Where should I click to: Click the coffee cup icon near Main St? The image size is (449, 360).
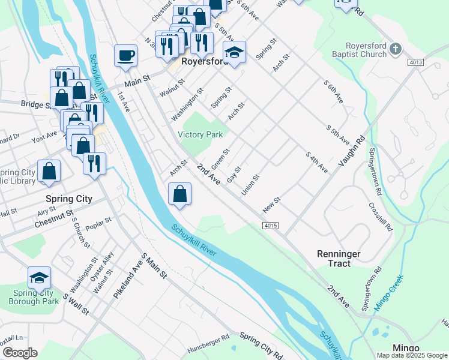(126, 56)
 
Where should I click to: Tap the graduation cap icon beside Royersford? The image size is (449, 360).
(235, 52)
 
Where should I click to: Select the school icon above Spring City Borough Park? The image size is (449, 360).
(39, 278)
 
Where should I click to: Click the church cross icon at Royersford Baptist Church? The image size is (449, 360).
(395, 49)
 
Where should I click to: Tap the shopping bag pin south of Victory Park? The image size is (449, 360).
(180, 194)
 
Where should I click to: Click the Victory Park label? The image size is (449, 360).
(200, 135)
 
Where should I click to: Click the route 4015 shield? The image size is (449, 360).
(270, 225)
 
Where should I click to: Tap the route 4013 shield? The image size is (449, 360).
(415, 62)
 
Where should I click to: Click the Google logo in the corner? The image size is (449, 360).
(19, 353)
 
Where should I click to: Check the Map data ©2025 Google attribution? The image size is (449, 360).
(412, 355)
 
